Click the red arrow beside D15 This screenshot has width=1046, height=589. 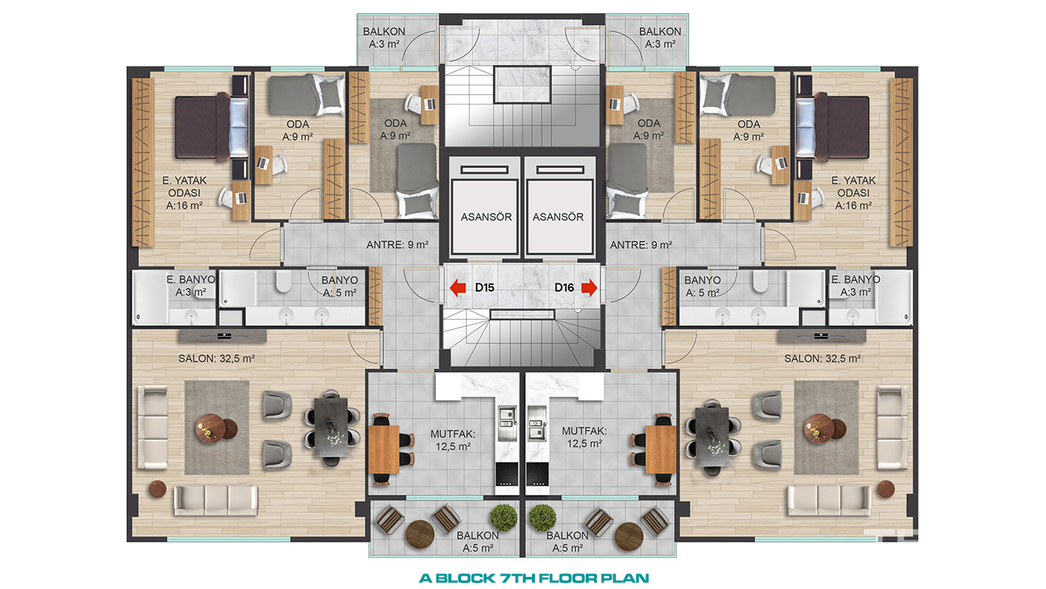click(x=458, y=288)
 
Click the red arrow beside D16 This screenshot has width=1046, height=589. click(x=589, y=288)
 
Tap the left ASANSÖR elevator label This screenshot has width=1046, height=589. click(x=486, y=218)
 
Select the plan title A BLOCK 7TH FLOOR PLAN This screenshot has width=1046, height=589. click(x=533, y=579)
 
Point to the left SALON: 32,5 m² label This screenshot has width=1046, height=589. click(x=216, y=359)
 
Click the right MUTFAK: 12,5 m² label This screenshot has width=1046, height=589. click(x=584, y=437)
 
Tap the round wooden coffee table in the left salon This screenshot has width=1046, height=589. click(x=210, y=428)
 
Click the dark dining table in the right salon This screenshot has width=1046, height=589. click(x=711, y=437)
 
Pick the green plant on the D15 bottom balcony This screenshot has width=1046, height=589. click(x=504, y=517)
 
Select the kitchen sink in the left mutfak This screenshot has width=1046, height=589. click(x=507, y=424)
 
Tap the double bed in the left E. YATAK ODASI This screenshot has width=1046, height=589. click(x=211, y=127)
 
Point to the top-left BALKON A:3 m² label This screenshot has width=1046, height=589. click(x=384, y=38)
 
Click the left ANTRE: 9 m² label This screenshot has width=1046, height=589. click(x=397, y=244)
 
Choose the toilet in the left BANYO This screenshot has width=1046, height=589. click(x=283, y=282)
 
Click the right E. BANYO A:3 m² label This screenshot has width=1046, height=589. click(x=855, y=286)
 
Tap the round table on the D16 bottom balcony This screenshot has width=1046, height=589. click(x=628, y=537)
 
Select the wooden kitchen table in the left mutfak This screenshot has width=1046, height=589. click(x=385, y=449)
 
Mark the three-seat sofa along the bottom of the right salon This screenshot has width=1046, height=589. click(x=829, y=501)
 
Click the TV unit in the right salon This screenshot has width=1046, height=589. click(x=821, y=336)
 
